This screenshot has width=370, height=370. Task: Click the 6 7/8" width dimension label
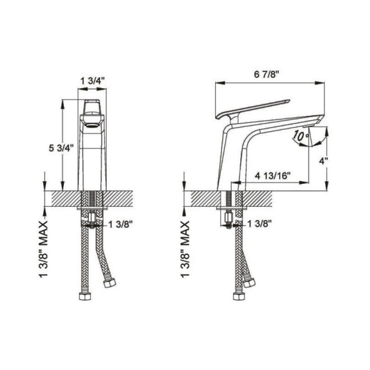tap(267, 74)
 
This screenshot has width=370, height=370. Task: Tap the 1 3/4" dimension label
tap(92, 81)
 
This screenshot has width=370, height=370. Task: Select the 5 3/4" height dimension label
tap(61, 149)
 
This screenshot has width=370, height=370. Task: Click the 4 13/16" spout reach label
tap(273, 176)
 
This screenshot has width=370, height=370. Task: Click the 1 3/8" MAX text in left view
tap(43, 249)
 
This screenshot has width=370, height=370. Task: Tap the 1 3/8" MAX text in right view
tap(185, 249)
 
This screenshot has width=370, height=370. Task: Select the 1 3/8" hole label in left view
tap(120, 224)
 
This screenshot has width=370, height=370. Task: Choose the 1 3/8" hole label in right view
tap(259, 224)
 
